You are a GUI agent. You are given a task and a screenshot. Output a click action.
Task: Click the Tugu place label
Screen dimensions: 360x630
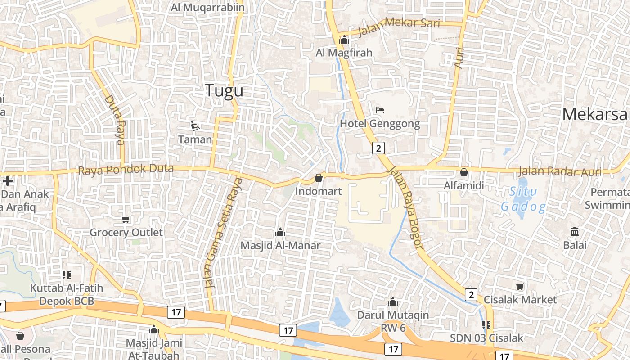point(224,90)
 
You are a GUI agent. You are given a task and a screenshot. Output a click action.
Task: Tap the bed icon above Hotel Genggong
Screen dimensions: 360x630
point(379,110)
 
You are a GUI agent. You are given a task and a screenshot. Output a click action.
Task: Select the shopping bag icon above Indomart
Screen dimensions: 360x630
point(319,178)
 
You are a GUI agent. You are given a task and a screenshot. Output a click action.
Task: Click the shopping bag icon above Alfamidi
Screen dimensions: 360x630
point(464,172)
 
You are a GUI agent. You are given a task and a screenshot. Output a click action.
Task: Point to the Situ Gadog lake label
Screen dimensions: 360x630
point(524,199)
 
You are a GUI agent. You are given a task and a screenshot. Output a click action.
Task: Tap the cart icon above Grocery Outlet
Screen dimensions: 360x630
point(126,219)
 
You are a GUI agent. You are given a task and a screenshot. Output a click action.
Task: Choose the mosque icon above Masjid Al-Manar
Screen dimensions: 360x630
point(280,232)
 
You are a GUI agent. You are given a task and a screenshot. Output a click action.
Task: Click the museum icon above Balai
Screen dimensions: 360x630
point(575,232)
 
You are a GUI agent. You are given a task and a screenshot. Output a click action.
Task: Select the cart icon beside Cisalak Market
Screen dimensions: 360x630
point(520,286)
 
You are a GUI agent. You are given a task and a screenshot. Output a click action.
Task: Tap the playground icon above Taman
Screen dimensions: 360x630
point(195,126)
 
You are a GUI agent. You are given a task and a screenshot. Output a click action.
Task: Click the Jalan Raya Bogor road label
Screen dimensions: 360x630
point(406,207)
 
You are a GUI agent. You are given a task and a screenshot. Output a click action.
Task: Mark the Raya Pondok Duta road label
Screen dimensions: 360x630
point(126,170)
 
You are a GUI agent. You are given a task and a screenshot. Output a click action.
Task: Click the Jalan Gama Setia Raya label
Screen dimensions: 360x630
point(223,233)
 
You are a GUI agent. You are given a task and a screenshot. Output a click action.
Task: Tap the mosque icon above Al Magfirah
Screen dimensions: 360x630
point(344,40)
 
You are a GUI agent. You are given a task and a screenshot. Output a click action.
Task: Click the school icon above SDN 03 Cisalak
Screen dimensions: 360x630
point(486,324)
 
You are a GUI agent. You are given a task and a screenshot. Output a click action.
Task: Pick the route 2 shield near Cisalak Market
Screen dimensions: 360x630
point(471,295)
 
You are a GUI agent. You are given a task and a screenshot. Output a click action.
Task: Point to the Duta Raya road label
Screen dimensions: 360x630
point(115,120)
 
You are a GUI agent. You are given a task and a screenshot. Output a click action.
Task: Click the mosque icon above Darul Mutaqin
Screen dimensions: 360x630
point(393,301)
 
